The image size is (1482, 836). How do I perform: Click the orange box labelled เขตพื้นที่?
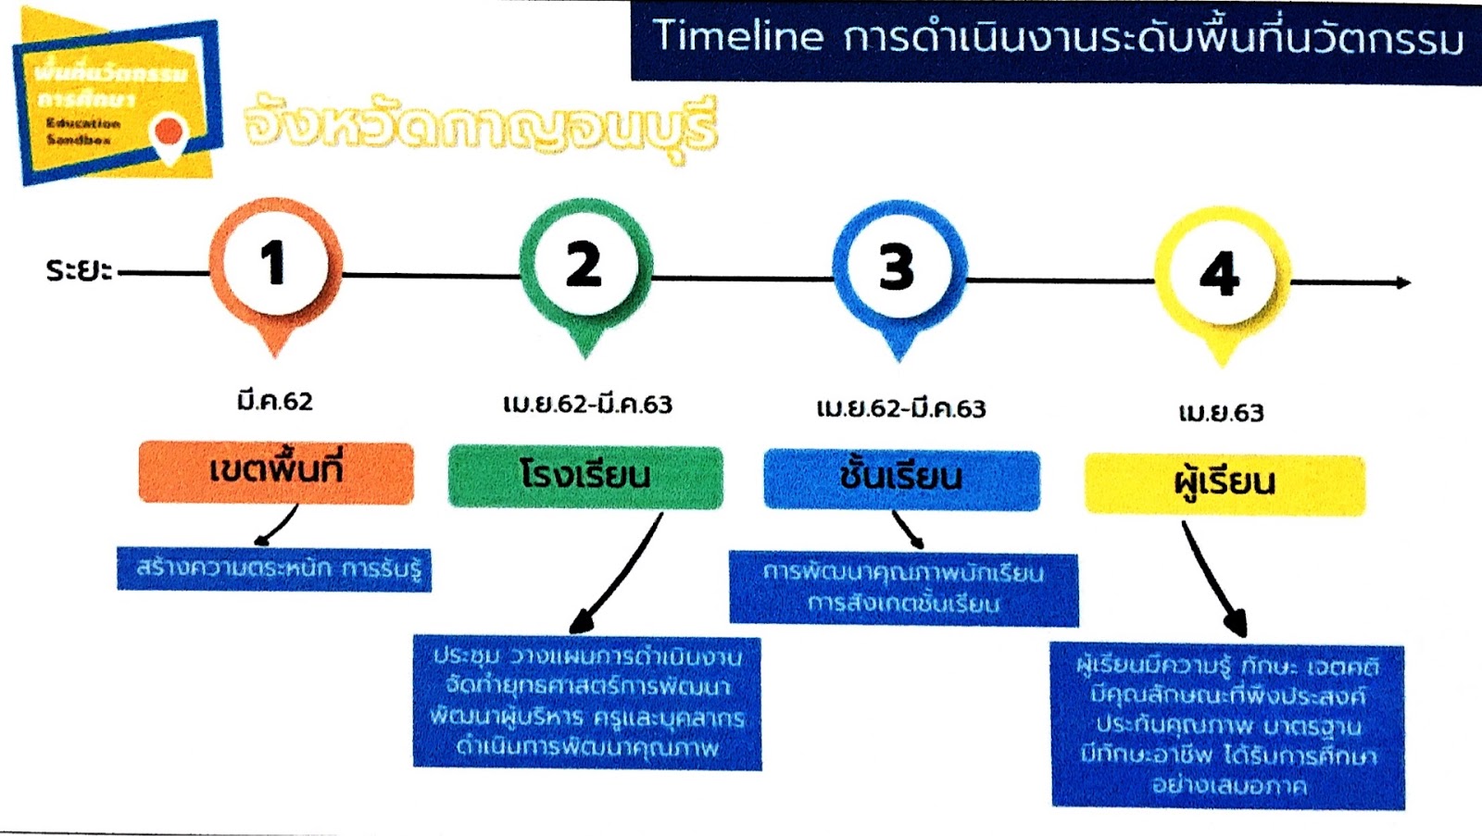(276, 472)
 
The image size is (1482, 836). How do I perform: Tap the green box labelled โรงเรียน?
(585, 477)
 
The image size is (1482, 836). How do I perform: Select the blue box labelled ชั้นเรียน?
(901, 479)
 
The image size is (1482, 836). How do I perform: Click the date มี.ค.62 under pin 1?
(275, 402)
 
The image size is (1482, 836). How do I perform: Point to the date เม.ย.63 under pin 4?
(1221, 413)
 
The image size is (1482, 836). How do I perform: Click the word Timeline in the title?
(738, 37)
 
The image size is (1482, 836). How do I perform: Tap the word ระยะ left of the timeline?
(79, 270)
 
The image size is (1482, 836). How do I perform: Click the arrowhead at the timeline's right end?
(1403, 282)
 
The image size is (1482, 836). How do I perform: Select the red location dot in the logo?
(169, 132)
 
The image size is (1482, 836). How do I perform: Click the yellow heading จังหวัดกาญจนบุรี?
(481, 127)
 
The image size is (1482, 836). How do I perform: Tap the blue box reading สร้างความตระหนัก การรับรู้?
(274, 568)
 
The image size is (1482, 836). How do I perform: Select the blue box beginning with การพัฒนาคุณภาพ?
(903, 588)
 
